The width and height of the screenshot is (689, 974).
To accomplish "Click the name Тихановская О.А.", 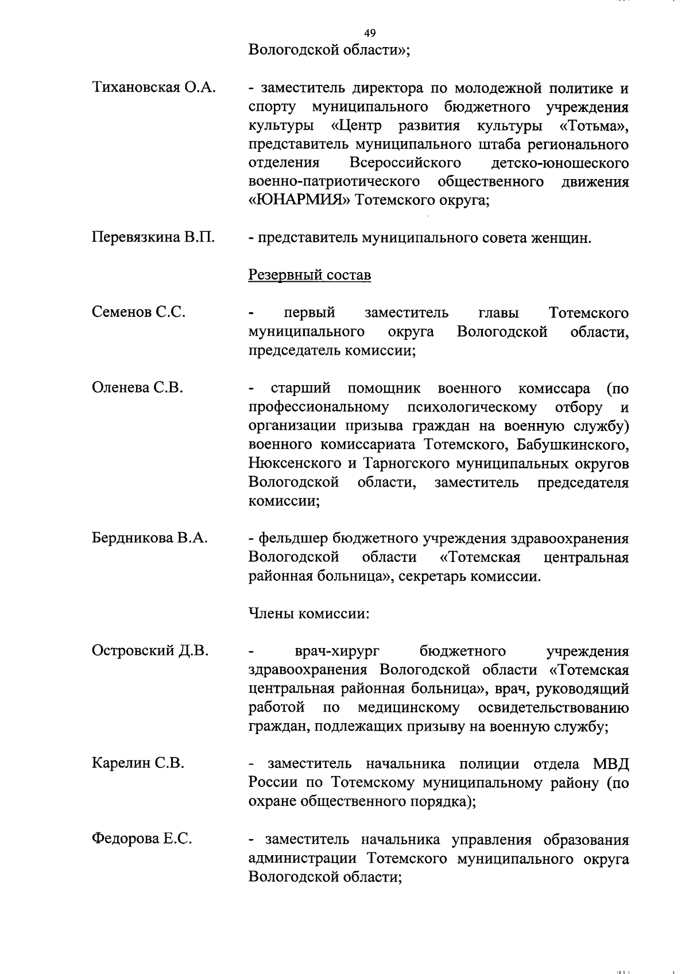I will (x=153, y=88).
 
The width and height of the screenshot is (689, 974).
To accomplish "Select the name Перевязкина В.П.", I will (x=153, y=238).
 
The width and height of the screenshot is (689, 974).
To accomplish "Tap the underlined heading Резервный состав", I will (x=309, y=275).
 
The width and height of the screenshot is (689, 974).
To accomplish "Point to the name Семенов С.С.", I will (x=138, y=312).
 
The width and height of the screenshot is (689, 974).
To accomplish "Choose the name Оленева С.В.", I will (x=137, y=387).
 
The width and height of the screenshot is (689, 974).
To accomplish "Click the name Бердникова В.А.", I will (x=149, y=538).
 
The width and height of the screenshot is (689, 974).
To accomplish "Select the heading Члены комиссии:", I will (x=308, y=613).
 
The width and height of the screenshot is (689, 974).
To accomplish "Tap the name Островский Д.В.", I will (x=150, y=650).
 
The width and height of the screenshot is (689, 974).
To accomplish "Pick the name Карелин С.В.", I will (x=138, y=763).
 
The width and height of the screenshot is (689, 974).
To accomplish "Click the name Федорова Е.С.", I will (x=142, y=839).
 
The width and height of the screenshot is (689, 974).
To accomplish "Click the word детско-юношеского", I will (x=560, y=163).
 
